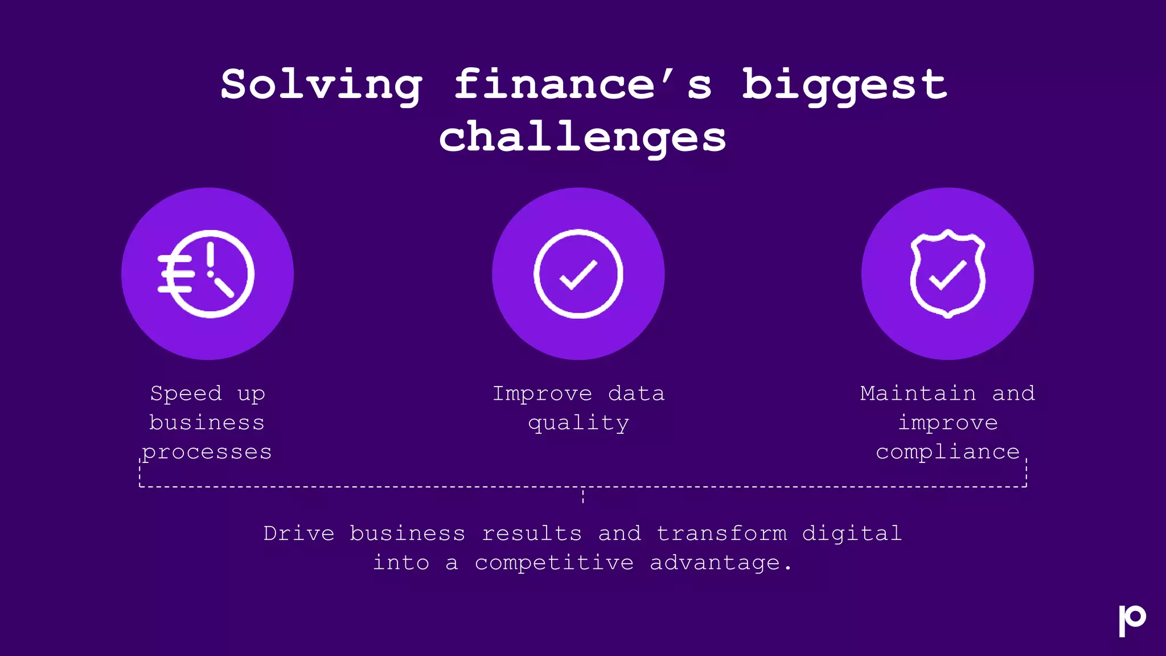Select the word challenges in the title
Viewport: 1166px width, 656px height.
pos(582,138)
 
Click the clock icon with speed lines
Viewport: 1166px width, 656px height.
pos(207,274)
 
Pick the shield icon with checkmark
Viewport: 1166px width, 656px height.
pos(947,274)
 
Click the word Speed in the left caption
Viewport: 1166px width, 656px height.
pos(186,393)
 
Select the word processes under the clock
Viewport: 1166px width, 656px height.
pos(207,452)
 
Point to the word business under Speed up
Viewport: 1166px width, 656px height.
pos(207,423)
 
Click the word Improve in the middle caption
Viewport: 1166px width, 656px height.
pos(542,393)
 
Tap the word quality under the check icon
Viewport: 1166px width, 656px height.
pos(578,423)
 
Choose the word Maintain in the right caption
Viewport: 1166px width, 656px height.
pos(918,393)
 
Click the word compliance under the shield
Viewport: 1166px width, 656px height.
pos(947,452)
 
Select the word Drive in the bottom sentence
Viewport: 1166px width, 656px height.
pos(298,534)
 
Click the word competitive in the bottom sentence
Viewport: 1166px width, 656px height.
pos(554,563)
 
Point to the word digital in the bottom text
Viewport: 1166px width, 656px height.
pos(852,534)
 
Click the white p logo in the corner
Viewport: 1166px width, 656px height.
pos(1132,620)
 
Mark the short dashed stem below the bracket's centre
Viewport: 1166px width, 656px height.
pos(583,496)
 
